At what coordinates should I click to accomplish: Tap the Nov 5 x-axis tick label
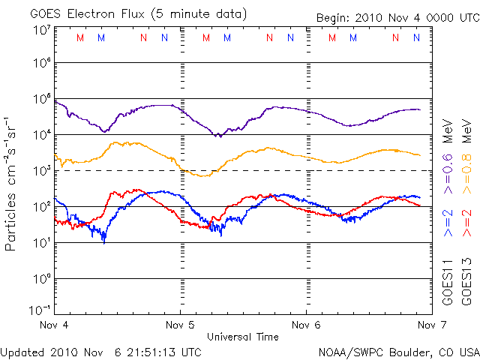click(x=179, y=325)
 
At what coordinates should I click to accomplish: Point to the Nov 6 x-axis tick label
click(x=305, y=325)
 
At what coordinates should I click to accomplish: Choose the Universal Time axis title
click(x=242, y=337)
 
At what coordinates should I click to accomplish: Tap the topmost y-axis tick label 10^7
click(x=40, y=30)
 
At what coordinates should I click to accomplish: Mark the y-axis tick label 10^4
click(x=40, y=135)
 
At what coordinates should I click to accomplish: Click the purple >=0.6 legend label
click(x=448, y=177)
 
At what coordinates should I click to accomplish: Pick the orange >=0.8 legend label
click(x=466, y=177)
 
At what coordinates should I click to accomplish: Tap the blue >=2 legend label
click(x=448, y=223)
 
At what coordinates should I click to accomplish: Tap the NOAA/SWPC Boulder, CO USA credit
click(x=398, y=351)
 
